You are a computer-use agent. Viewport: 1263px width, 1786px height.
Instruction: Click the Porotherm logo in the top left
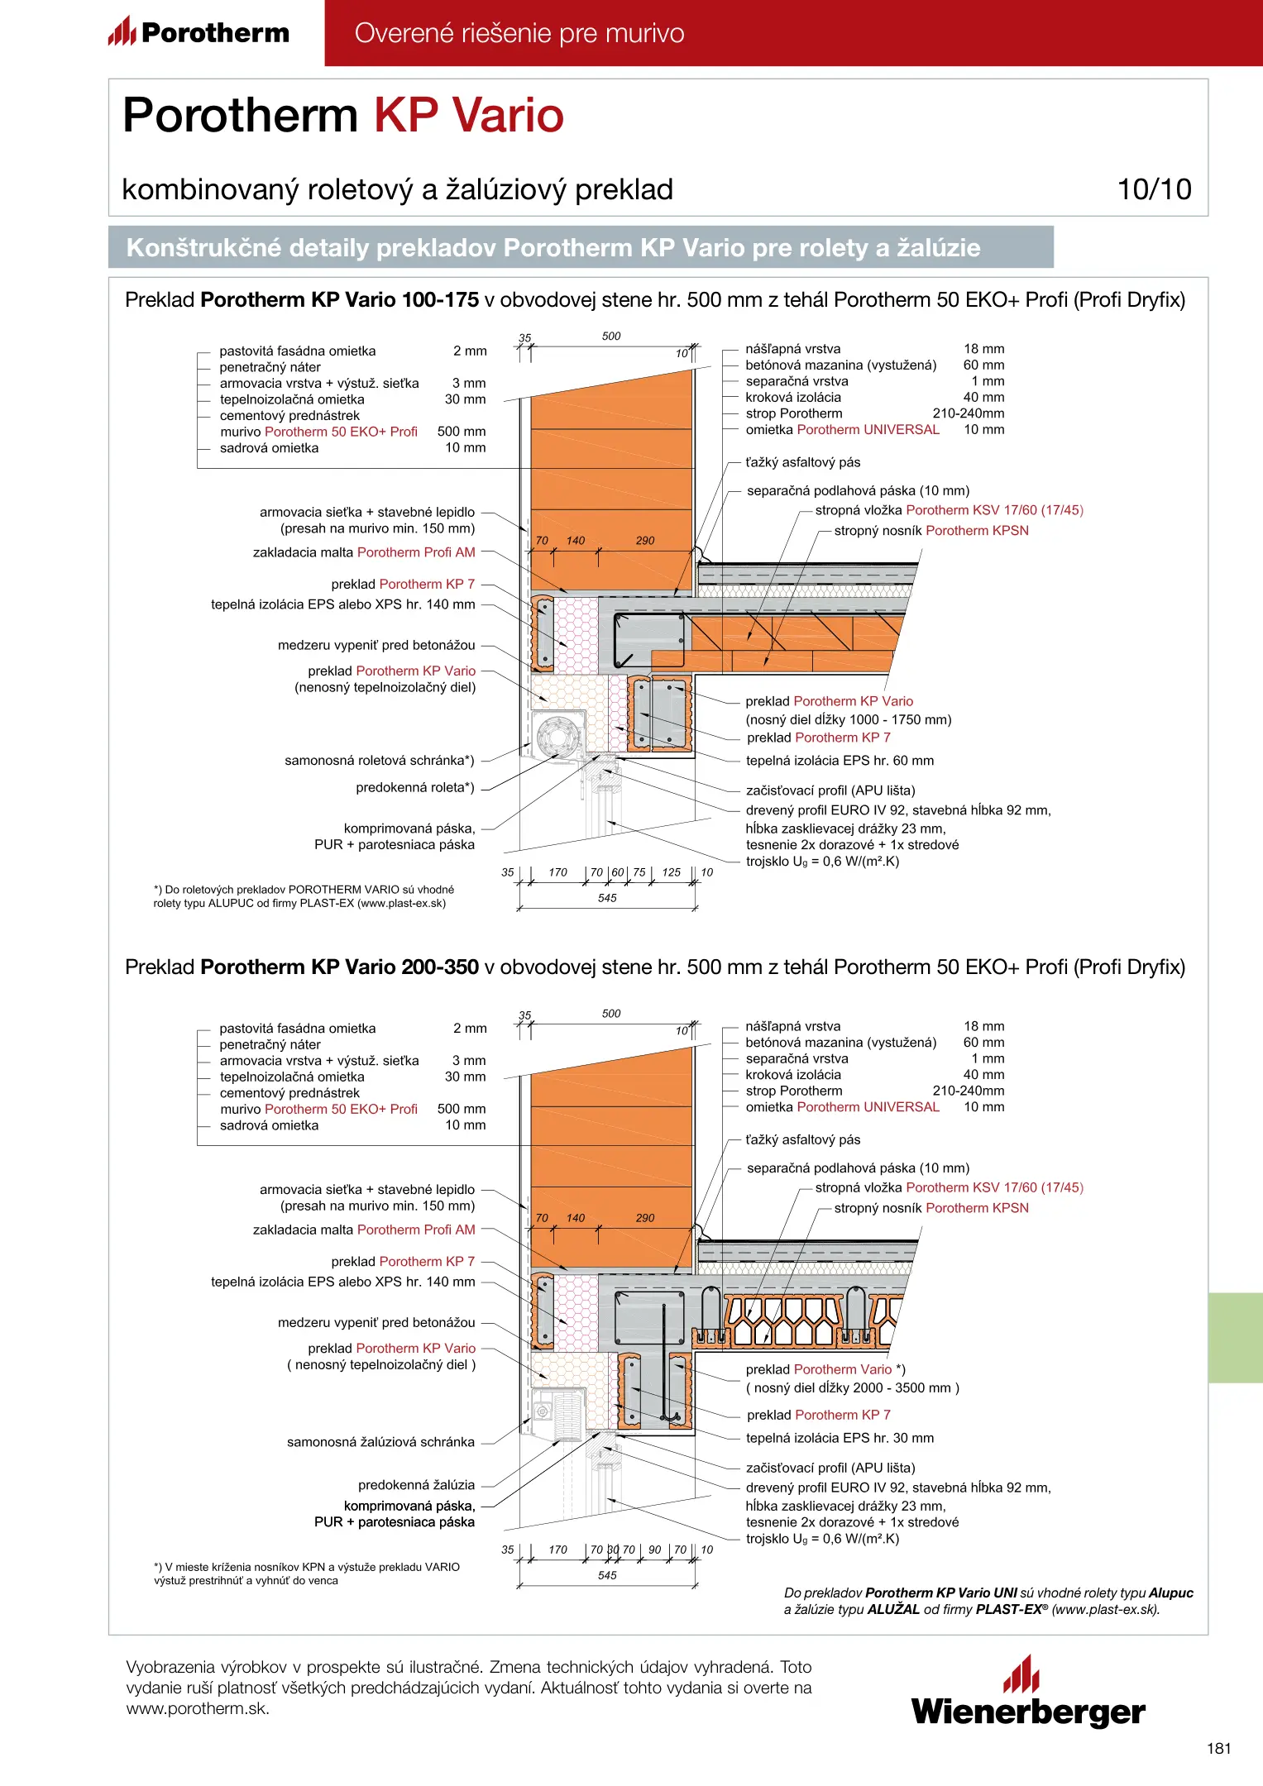click(x=199, y=32)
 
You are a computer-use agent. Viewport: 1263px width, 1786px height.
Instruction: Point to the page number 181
click(x=1218, y=1748)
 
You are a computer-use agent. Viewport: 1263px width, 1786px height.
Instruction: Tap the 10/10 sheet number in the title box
click(x=1154, y=189)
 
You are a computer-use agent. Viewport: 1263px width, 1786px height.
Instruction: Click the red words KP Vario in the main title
click(x=469, y=115)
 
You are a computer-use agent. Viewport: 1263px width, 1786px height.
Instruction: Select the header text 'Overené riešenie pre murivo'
click(x=519, y=33)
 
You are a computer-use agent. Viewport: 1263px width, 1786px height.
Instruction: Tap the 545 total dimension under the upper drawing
click(x=607, y=898)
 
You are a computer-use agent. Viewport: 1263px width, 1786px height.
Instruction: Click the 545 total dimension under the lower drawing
click(x=607, y=1575)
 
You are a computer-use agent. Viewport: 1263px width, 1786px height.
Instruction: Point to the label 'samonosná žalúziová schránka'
click(x=380, y=1442)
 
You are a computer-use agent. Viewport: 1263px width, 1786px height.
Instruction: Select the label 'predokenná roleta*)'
click(x=415, y=787)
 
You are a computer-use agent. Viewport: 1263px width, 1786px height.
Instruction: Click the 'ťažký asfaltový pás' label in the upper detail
click(x=802, y=462)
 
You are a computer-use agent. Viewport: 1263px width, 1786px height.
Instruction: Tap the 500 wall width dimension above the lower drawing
click(x=611, y=1014)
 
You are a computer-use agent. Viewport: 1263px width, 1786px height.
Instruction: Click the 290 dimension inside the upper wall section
click(x=645, y=541)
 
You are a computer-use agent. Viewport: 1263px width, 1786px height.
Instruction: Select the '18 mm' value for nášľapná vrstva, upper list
click(x=983, y=349)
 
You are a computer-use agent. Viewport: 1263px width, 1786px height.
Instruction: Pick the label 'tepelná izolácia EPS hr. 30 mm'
click(x=840, y=1438)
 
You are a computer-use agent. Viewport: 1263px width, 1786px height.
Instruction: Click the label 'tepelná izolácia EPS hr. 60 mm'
click(x=840, y=761)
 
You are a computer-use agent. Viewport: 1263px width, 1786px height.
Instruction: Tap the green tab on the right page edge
click(x=1235, y=1337)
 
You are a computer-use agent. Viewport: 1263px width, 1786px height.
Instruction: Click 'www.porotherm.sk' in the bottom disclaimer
click(x=198, y=1708)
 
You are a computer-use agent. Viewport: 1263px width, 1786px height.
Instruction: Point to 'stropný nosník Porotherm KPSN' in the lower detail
click(x=931, y=1208)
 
